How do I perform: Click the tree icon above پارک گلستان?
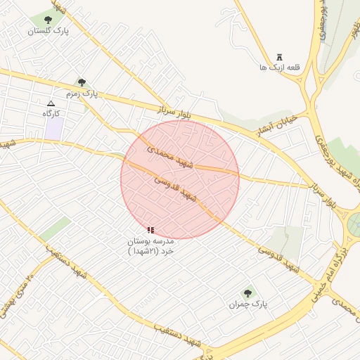click(x=49, y=20)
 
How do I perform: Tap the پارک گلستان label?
click(x=49, y=31)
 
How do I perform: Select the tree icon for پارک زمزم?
click(x=82, y=82)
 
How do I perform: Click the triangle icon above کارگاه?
click(x=51, y=103)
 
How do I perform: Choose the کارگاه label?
click(x=51, y=113)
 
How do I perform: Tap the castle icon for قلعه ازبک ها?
click(x=280, y=57)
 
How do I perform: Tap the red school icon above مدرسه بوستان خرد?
click(x=150, y=230)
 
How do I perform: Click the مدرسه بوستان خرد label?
click(x=150, y=245)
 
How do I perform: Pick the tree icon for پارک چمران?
click(x=247, y=293)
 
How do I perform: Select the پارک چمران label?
click(x=248, y=304)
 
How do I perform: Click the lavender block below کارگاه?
click(x=53, y=129)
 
